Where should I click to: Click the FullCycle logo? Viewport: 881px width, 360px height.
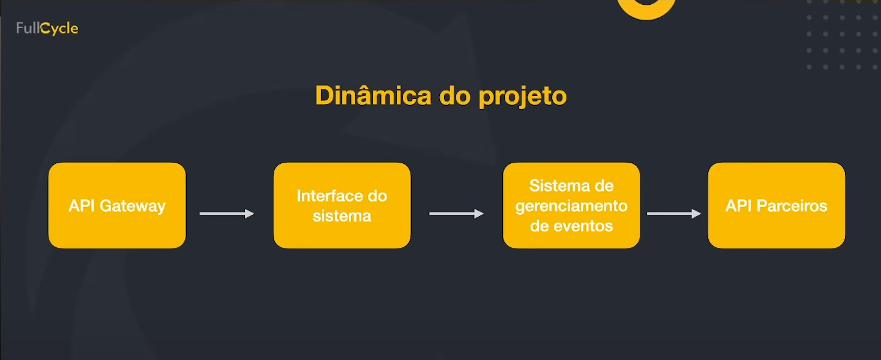[x=47, y=28]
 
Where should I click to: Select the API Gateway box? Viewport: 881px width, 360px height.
[x=117, y=205]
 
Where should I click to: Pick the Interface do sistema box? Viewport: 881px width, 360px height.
[x=342, y=205]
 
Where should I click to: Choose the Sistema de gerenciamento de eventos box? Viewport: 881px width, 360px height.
[x=571, y=205]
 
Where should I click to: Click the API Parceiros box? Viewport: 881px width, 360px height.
[x=776, y=205]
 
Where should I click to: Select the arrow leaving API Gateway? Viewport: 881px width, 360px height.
[x=227, y=214]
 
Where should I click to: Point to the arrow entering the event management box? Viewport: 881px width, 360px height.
[x=457, y=214]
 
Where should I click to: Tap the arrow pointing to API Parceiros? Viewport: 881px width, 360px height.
[x=674, y=214]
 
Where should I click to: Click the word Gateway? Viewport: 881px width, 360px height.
[x=133, y=206]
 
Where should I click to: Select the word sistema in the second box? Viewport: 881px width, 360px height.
[x=342, y=216]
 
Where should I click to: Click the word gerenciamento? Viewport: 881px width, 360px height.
[x=571, y=206]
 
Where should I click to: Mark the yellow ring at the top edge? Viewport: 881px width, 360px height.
[x=646, y=7]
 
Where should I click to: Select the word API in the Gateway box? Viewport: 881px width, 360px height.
[x=82, y=206]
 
